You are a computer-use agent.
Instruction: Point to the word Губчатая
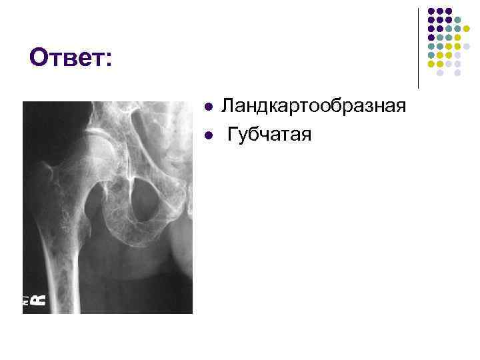pos(269,135)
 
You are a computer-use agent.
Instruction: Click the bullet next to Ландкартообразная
pos(209,107)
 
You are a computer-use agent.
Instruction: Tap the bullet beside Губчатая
pos(209,135)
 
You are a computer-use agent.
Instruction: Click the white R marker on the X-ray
pos(40,299)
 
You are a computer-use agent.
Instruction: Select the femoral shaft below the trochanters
pos(63,267)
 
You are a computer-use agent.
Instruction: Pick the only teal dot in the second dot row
pos(458,20)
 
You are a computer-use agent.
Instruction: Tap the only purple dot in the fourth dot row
pos(431,37)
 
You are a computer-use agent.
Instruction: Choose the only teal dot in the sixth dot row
pos(431,55)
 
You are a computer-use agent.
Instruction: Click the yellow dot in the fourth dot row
pos(458,37)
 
